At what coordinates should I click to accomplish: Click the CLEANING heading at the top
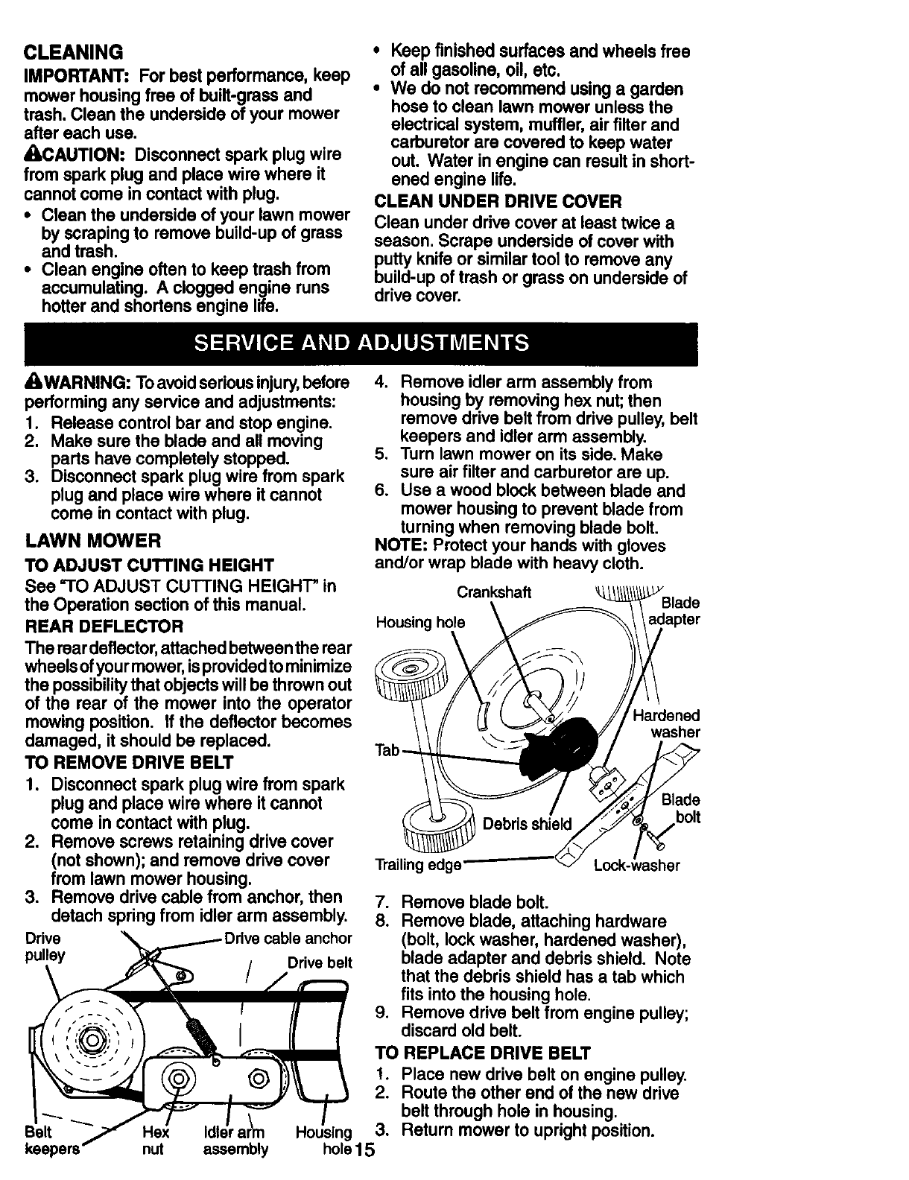(73, 53)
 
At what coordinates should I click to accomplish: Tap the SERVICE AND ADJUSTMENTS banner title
(361, 343)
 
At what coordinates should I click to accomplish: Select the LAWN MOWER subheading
(92, 540)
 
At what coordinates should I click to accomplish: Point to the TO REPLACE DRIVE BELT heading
(482, 1053)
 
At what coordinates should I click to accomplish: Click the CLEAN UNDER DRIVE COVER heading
(497, 202)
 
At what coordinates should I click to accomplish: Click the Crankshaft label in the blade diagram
(494, 592)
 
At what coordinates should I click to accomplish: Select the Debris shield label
(528, 824)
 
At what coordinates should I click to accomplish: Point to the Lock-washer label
(636, 866)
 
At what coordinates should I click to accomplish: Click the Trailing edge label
(418, 866)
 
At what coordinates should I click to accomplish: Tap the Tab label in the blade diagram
(388, 750)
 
